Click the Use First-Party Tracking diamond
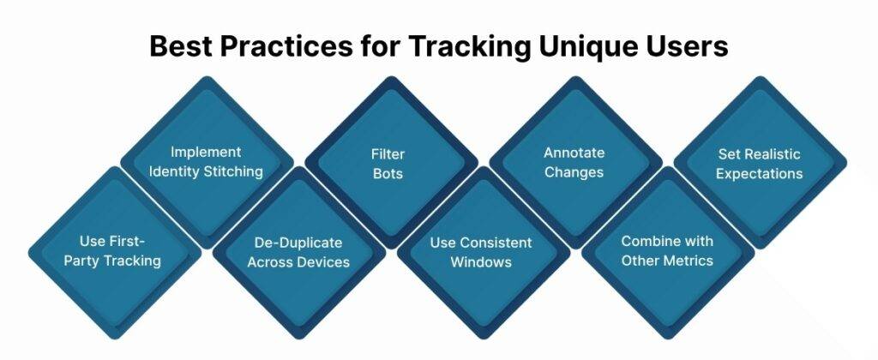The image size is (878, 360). (114, 251)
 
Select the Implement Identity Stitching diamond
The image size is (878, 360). (206, 161)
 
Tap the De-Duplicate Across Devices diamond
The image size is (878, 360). (298, 251)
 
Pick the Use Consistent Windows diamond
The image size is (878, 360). (481, 251)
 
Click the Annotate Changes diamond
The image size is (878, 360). (574, 161)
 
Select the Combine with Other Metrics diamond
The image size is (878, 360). (667, 251)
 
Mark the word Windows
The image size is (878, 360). (481, 261)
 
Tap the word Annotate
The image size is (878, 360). (574, 153)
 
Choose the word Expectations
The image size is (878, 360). (760, 172)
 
